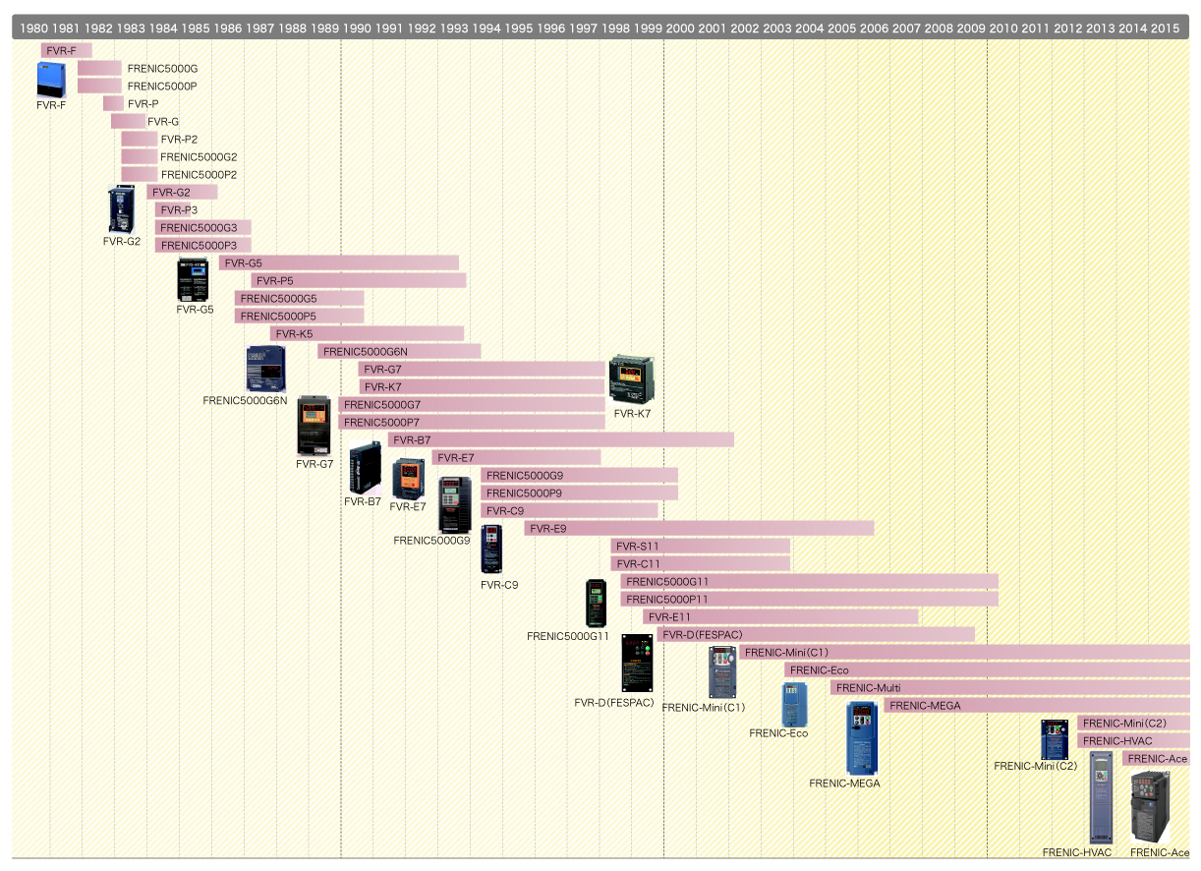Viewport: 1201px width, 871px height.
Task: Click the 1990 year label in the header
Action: coord(357,28)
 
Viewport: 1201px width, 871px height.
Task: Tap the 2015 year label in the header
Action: coord(1165,28)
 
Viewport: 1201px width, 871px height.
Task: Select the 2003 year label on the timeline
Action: coord(776,28)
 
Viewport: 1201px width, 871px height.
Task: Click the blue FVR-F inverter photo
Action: coord(50,80)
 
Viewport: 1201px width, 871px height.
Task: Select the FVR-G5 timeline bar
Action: coord(338,263)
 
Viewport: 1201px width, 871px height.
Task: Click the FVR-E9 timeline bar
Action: coord(699,529)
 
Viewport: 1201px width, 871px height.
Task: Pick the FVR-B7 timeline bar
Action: coord(560,440)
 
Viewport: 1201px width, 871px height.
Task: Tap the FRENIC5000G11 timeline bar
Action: coord(810,582)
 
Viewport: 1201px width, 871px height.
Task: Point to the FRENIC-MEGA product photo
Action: coord(862,737)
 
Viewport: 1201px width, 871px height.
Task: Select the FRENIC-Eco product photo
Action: coord(793,704)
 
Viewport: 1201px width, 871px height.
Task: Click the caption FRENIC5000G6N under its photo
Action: coord(245,401)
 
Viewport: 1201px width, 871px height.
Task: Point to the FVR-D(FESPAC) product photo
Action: coord(637,663)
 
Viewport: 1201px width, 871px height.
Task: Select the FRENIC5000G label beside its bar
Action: coord(162,69)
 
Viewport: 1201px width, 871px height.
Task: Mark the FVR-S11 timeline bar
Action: coord(700,547)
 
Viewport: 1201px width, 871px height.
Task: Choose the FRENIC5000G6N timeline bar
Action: coord(399,352)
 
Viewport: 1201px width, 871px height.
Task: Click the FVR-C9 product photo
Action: coord(491,549)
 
